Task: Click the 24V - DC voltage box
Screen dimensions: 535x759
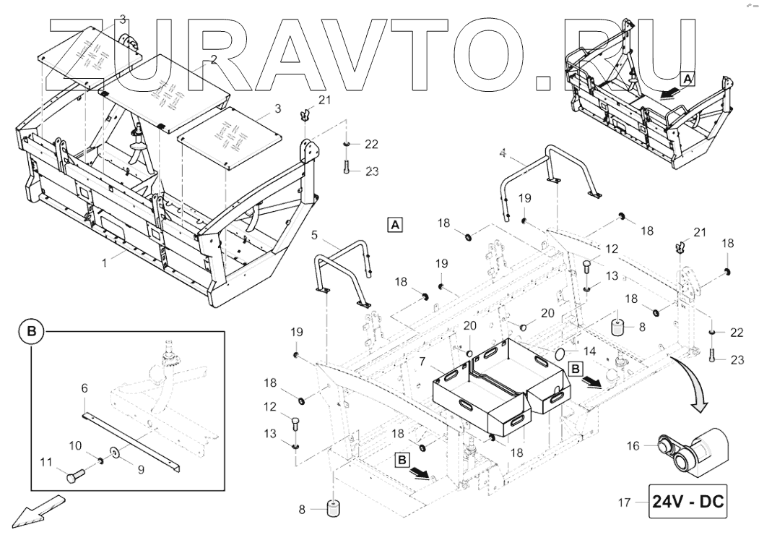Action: click(x=689, y=501)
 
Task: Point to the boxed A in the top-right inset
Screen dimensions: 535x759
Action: click(x=688, y=77)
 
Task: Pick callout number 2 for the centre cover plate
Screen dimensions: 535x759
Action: click(x=212, y=63)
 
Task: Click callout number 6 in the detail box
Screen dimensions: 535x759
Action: click(x=84, y=388)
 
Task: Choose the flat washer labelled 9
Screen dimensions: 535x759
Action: click(x=115, y=455)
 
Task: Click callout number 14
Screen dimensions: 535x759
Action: click(x=589, y=351)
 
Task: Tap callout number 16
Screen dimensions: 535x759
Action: click(x=633, y=446)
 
